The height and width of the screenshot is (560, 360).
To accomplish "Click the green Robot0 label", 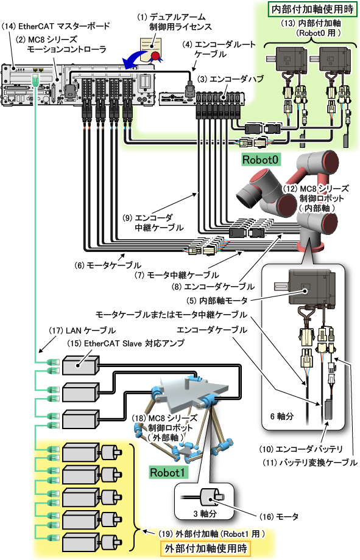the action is pos(260,159).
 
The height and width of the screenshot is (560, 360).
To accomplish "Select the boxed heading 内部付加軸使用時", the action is pos(312,9).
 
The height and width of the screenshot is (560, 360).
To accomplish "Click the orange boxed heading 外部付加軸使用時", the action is pos(206,548).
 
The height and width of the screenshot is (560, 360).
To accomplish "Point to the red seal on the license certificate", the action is pos(155,55).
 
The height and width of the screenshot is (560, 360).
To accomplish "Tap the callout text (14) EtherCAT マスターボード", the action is pos(56,26).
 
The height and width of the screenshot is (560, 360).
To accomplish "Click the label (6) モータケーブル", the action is pos(108,265).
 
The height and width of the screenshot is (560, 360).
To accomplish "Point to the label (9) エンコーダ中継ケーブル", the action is pos(153,222).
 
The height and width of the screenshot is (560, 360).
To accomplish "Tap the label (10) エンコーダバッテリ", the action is pos(301,449).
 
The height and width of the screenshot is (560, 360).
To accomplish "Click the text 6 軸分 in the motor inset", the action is pos(282,416).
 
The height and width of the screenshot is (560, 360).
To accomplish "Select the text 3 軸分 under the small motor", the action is pos(205,514).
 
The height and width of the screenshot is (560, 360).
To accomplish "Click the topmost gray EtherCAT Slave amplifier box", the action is pos(81,365).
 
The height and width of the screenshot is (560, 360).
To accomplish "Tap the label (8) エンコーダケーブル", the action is pos(213,287).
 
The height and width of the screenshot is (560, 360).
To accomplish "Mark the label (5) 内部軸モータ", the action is pos(217,301).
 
